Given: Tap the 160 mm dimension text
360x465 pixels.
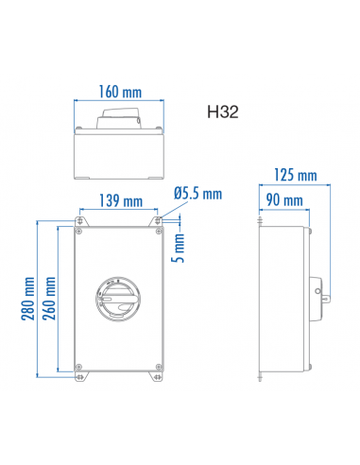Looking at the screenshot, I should [120, 93].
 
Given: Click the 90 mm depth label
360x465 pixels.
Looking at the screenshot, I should [284, 199].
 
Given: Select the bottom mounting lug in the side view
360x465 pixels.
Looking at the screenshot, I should [260, 377].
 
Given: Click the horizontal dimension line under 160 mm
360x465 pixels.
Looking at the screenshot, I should [120, 103].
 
